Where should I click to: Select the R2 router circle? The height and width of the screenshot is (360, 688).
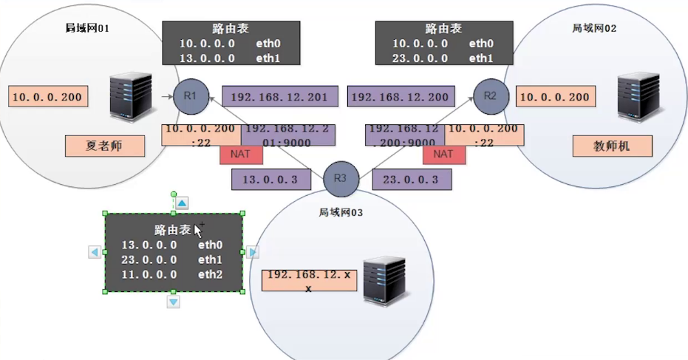point(491,96)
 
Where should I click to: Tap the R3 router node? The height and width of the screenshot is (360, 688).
point(341,178)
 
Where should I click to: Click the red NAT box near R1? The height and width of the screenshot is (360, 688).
point(241,154)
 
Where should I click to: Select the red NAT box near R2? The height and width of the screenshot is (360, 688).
point(443,154)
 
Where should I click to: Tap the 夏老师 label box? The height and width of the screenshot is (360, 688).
point(104,146)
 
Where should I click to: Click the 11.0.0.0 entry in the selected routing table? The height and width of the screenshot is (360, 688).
point(149,274)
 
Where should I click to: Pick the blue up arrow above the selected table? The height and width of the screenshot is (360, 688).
point(182,203)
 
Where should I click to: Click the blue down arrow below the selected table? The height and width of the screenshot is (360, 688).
point(173,302)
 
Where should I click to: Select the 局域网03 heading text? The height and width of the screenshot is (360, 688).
point(340,212)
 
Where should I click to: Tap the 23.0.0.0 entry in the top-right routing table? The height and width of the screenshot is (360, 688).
point(419,58)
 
